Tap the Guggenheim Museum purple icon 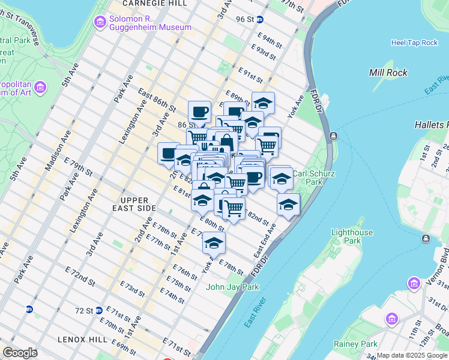click(100, 22)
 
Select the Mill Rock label click(388, 73)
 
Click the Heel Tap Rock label click(414, 43)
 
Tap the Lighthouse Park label click(352, 236)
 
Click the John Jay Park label click(232, 287)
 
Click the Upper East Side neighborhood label click(138, 204)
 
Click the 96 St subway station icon click(260, 19)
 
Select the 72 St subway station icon click(29, 310)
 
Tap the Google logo click(20, 353)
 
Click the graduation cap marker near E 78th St click(213, 243)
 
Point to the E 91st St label click(251, 76)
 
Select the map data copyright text click(412, 355)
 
